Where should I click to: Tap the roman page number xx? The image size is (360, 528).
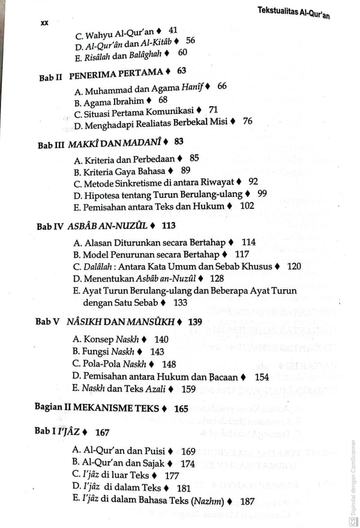click(x=44, y=23)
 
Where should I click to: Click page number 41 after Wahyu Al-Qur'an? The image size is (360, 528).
click(x=173, y=29)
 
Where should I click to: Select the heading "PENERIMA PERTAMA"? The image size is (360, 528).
click(x=116, y=73)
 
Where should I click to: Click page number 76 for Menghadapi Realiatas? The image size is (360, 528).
click(x=247, y=121)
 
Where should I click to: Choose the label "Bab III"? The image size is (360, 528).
click(x=51, y=145)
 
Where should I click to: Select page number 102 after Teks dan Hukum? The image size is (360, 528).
click(x=247, y=205)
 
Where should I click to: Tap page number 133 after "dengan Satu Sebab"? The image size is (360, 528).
click(x=180, y=302)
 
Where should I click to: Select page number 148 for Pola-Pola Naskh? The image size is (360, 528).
click(x=169, y=364)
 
